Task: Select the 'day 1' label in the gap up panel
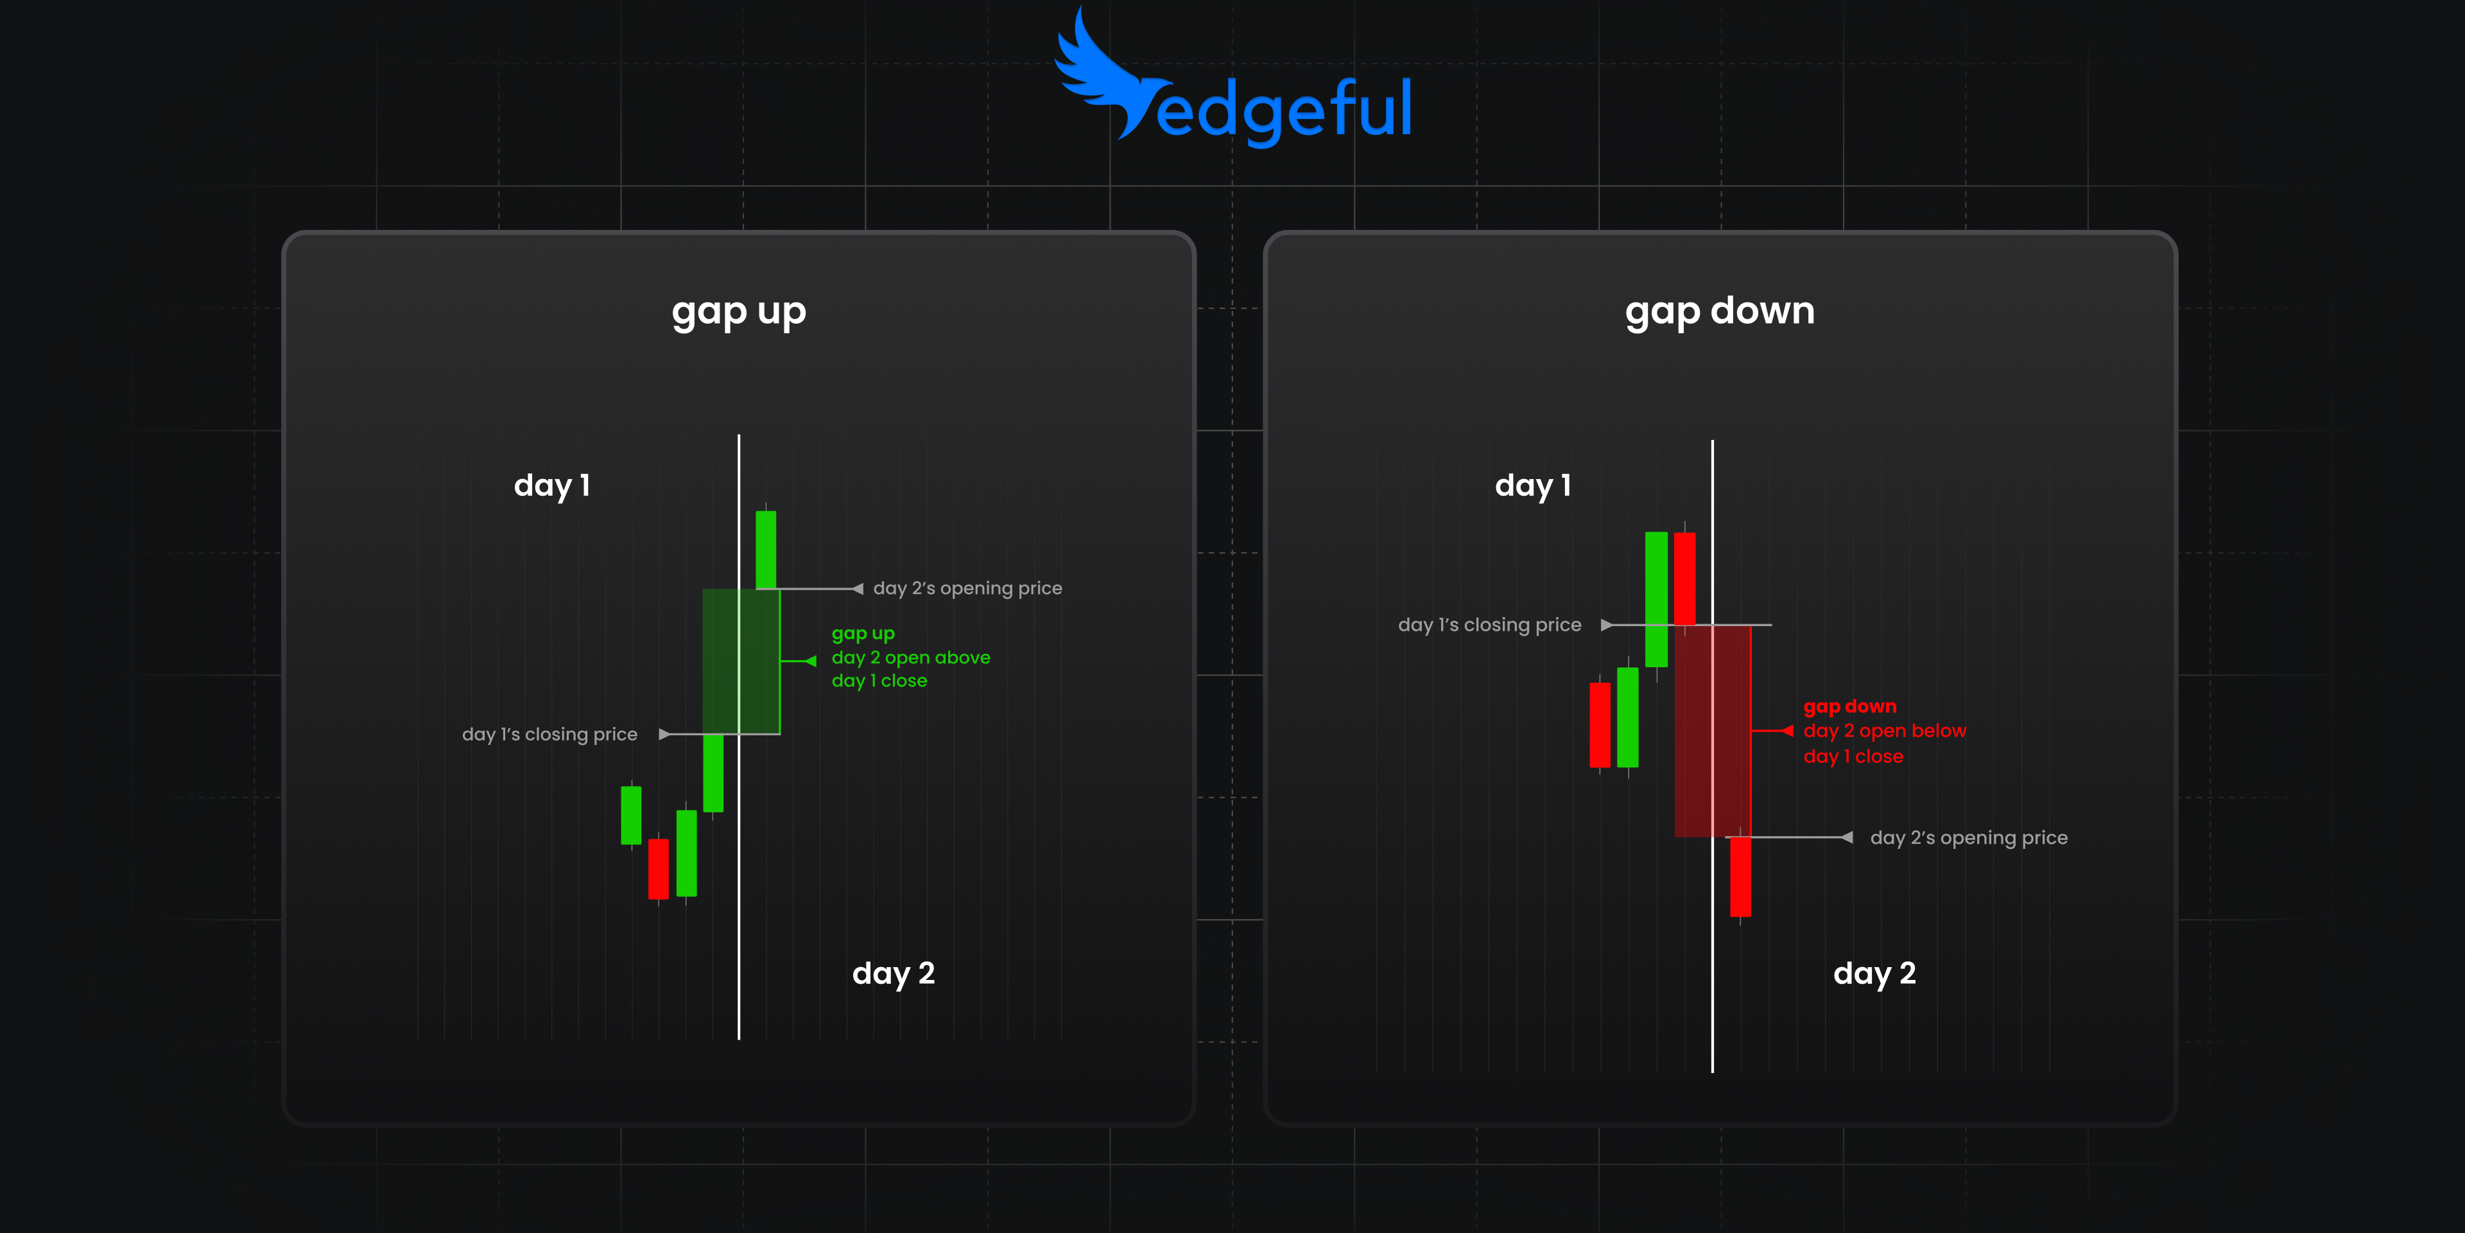click(552, 486)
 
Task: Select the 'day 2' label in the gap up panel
click(893, 974)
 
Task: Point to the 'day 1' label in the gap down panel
click(1533, 486)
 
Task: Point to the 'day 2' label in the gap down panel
click(1874, 974)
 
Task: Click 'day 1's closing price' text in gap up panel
click(549, 734)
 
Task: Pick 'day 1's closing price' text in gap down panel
click(1489, 625)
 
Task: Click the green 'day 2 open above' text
click(910, 658)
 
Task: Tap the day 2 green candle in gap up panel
click(766, 550)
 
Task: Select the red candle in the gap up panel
click(659, 868)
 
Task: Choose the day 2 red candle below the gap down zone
click(1740, 876)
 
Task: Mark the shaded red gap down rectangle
click(1713, 730)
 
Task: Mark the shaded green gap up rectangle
click(741, 661)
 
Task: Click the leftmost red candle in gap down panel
click(1600, 724)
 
